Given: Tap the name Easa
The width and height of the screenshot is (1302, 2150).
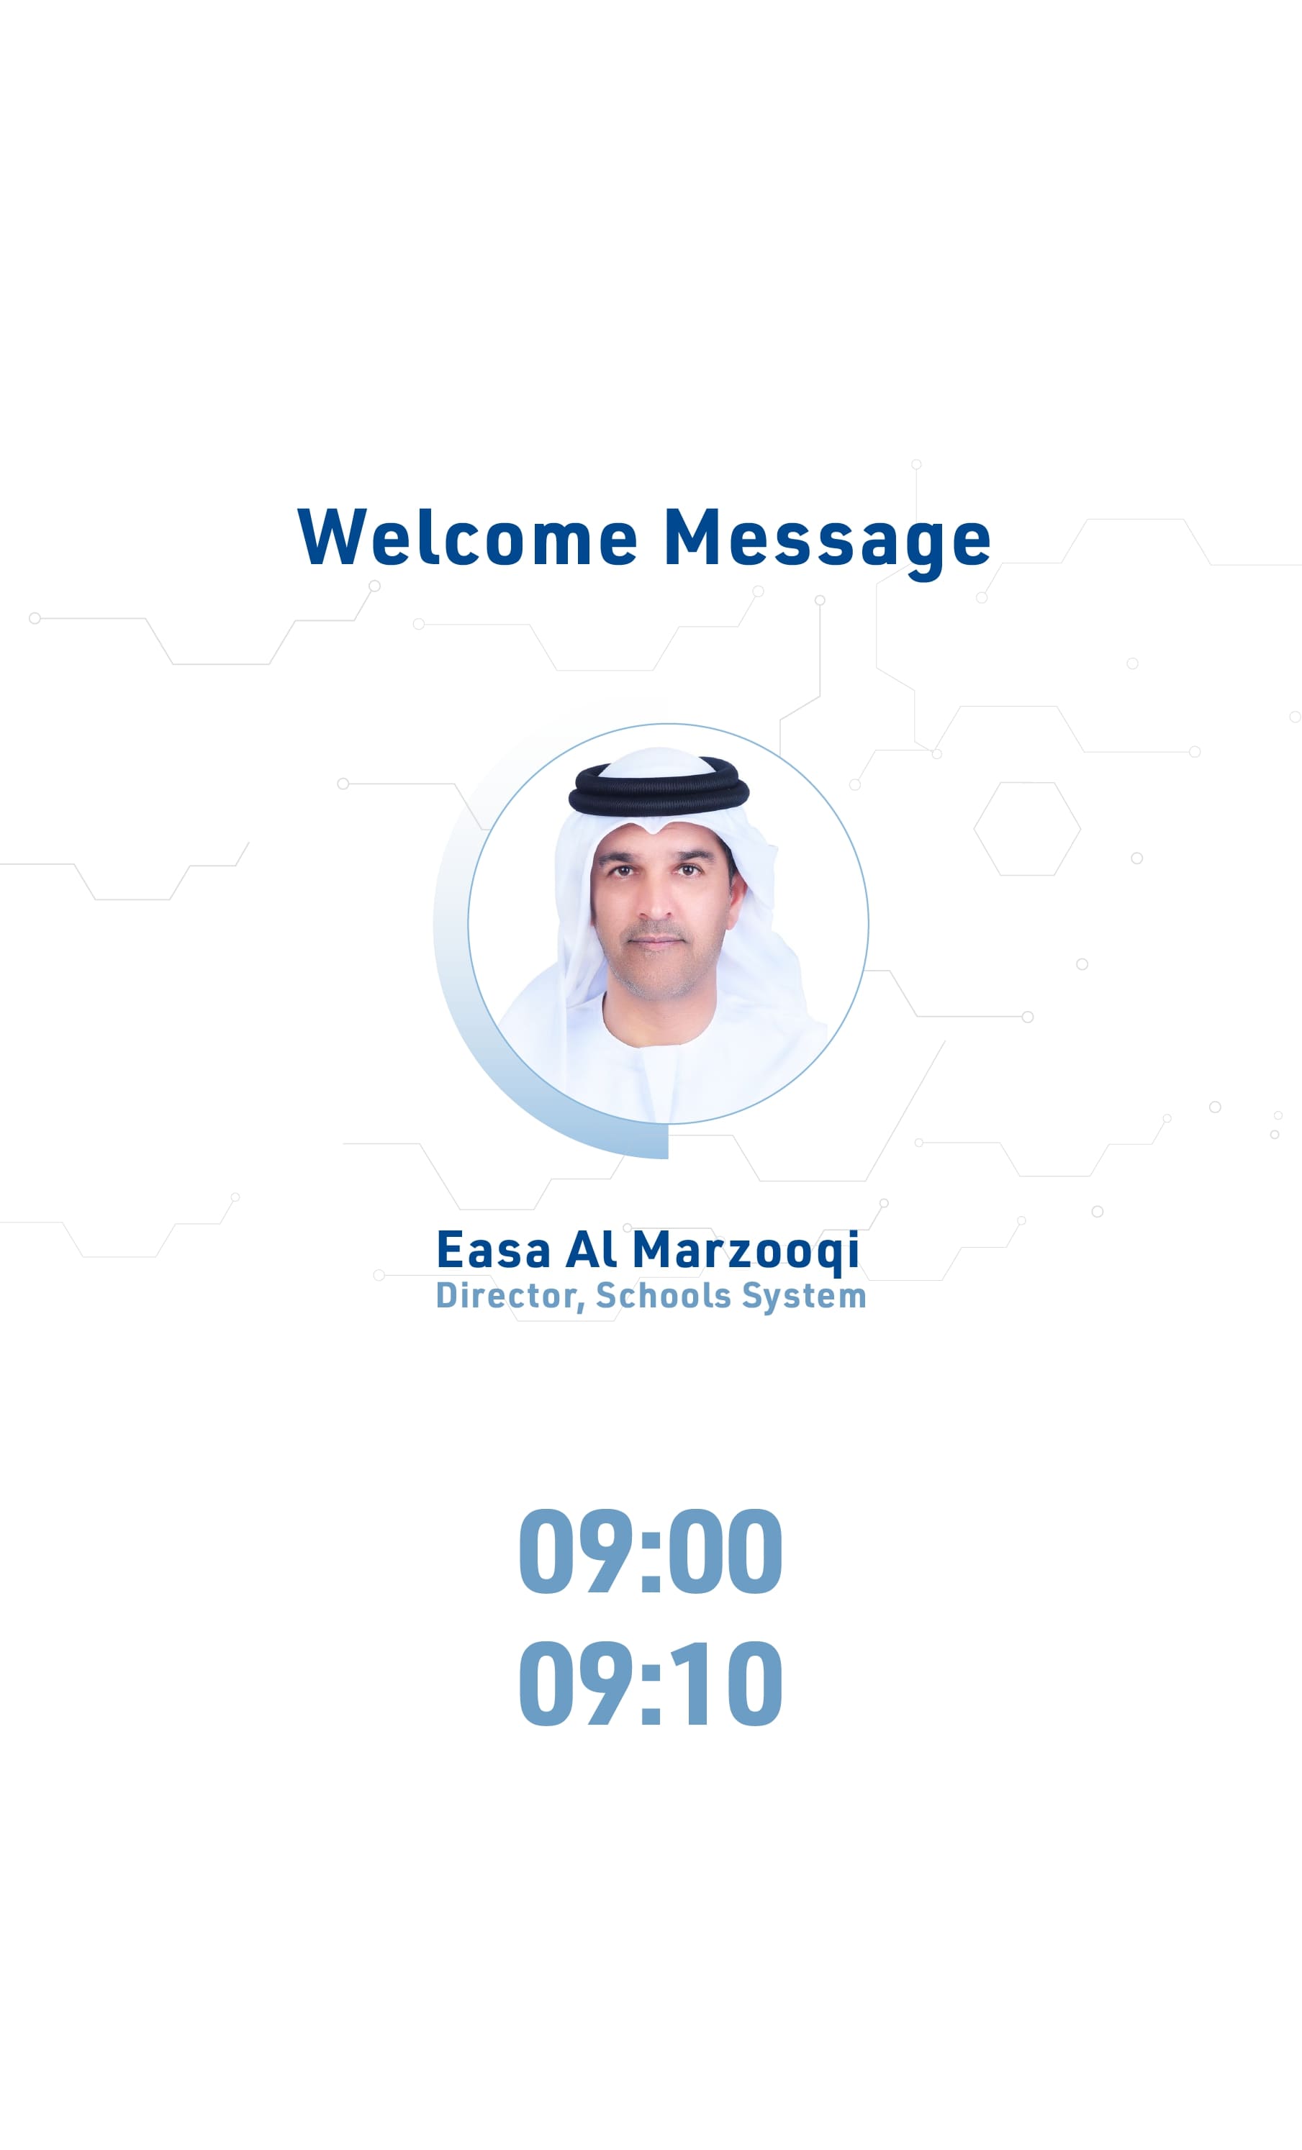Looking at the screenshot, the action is pyautogui.click(x=493, y=1250).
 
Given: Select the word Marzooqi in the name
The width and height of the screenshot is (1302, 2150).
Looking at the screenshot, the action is pyautogui.click(x=746, y=1252).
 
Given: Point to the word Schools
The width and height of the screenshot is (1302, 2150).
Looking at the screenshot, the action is pyautogui.click(x=663, y=1295).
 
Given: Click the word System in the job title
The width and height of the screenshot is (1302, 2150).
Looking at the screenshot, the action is pyautogui.click(x=804, y=1297).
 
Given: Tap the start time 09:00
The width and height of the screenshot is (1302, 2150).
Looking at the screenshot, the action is pyautogui.click(x=650, y=1551).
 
